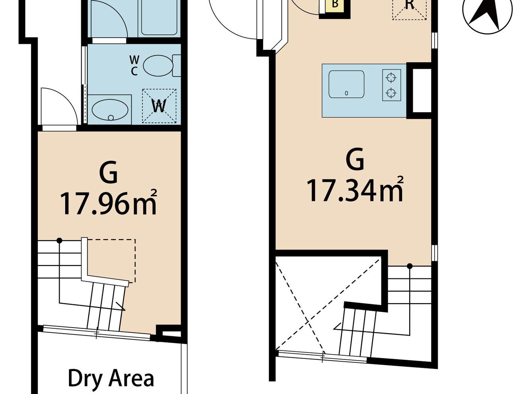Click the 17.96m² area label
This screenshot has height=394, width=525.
(x=108, y=203)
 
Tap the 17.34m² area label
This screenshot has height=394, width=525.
(x=355, y=190)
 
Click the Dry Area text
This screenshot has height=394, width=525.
(x=111, y=378)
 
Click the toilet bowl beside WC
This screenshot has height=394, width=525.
(x=158, y=66)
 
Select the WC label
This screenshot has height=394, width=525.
(x=134, y=65)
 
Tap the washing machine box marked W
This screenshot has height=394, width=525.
(x=159, y=106)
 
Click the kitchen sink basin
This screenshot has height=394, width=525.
(x=346, y=84)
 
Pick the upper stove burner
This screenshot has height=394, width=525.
(x=391, y=78)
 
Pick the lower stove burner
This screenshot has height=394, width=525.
(x=391, y=93)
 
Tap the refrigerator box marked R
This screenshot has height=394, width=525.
(x=409, y=8)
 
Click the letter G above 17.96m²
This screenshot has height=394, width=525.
(x=108, y=173)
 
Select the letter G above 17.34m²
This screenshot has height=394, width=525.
(x=355, y=159)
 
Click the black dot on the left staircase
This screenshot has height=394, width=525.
(x=59, y=240)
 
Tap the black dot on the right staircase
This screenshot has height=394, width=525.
(x=409, y=266)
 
